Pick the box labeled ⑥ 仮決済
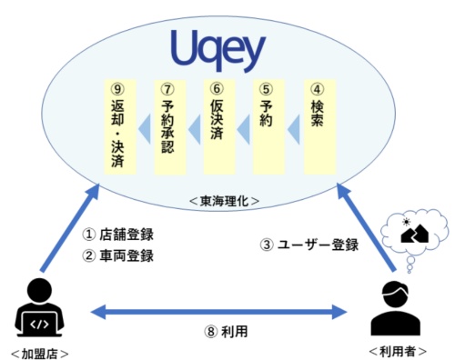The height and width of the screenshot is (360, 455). coord(216,126)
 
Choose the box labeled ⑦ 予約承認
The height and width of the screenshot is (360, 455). coord(166,126)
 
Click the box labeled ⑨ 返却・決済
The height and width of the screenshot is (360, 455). coord(115,126)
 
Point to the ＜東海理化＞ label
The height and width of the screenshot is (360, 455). coord(227,198)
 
